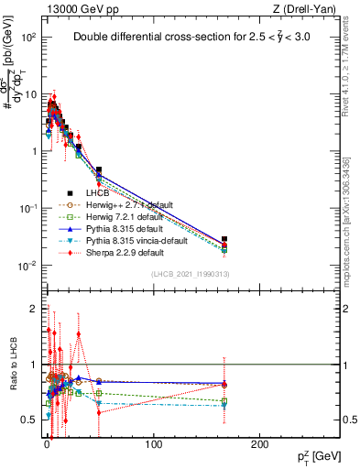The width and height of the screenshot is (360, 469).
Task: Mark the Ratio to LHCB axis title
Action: tap(13, 364)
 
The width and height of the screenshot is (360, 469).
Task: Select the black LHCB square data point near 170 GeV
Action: tap(224, 243)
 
